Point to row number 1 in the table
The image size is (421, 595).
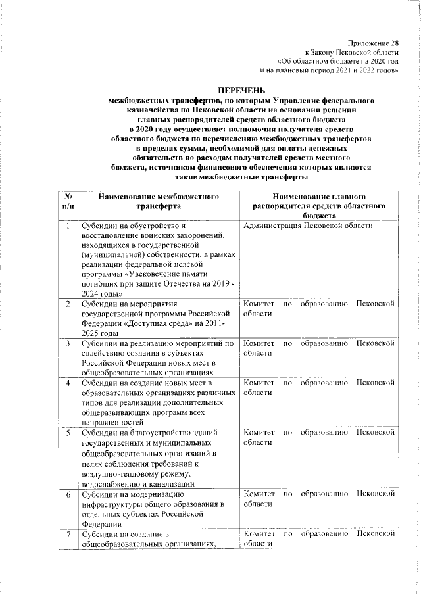(x=68, y=226)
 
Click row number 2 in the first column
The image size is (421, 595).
(x=68, y=304)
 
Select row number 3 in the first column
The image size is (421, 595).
(x=68, y=343)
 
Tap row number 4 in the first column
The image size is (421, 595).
(x=68, y=383)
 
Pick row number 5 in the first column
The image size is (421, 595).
(x=68, y=432)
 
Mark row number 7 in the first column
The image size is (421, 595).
(x=68, y=535)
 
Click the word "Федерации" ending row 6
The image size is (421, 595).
(x=101, y=524)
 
